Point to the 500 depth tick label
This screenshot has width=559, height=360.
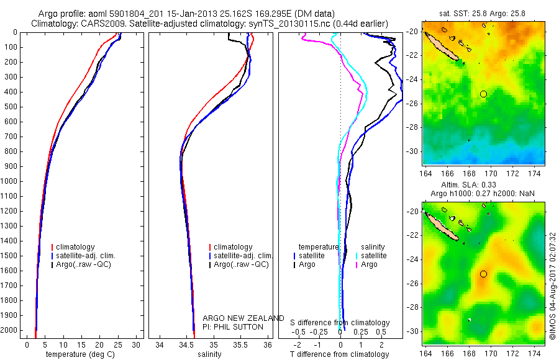click(11, 107)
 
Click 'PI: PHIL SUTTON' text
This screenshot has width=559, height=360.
click(233, 327)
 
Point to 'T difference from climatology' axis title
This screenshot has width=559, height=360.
click(340, 354)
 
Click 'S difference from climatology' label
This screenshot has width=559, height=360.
click(340, 323)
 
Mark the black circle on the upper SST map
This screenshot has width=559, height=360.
click(484, 94)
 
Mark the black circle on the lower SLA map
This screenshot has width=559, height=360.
click(484, 274)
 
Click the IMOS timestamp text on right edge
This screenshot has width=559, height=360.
click(552, 286)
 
